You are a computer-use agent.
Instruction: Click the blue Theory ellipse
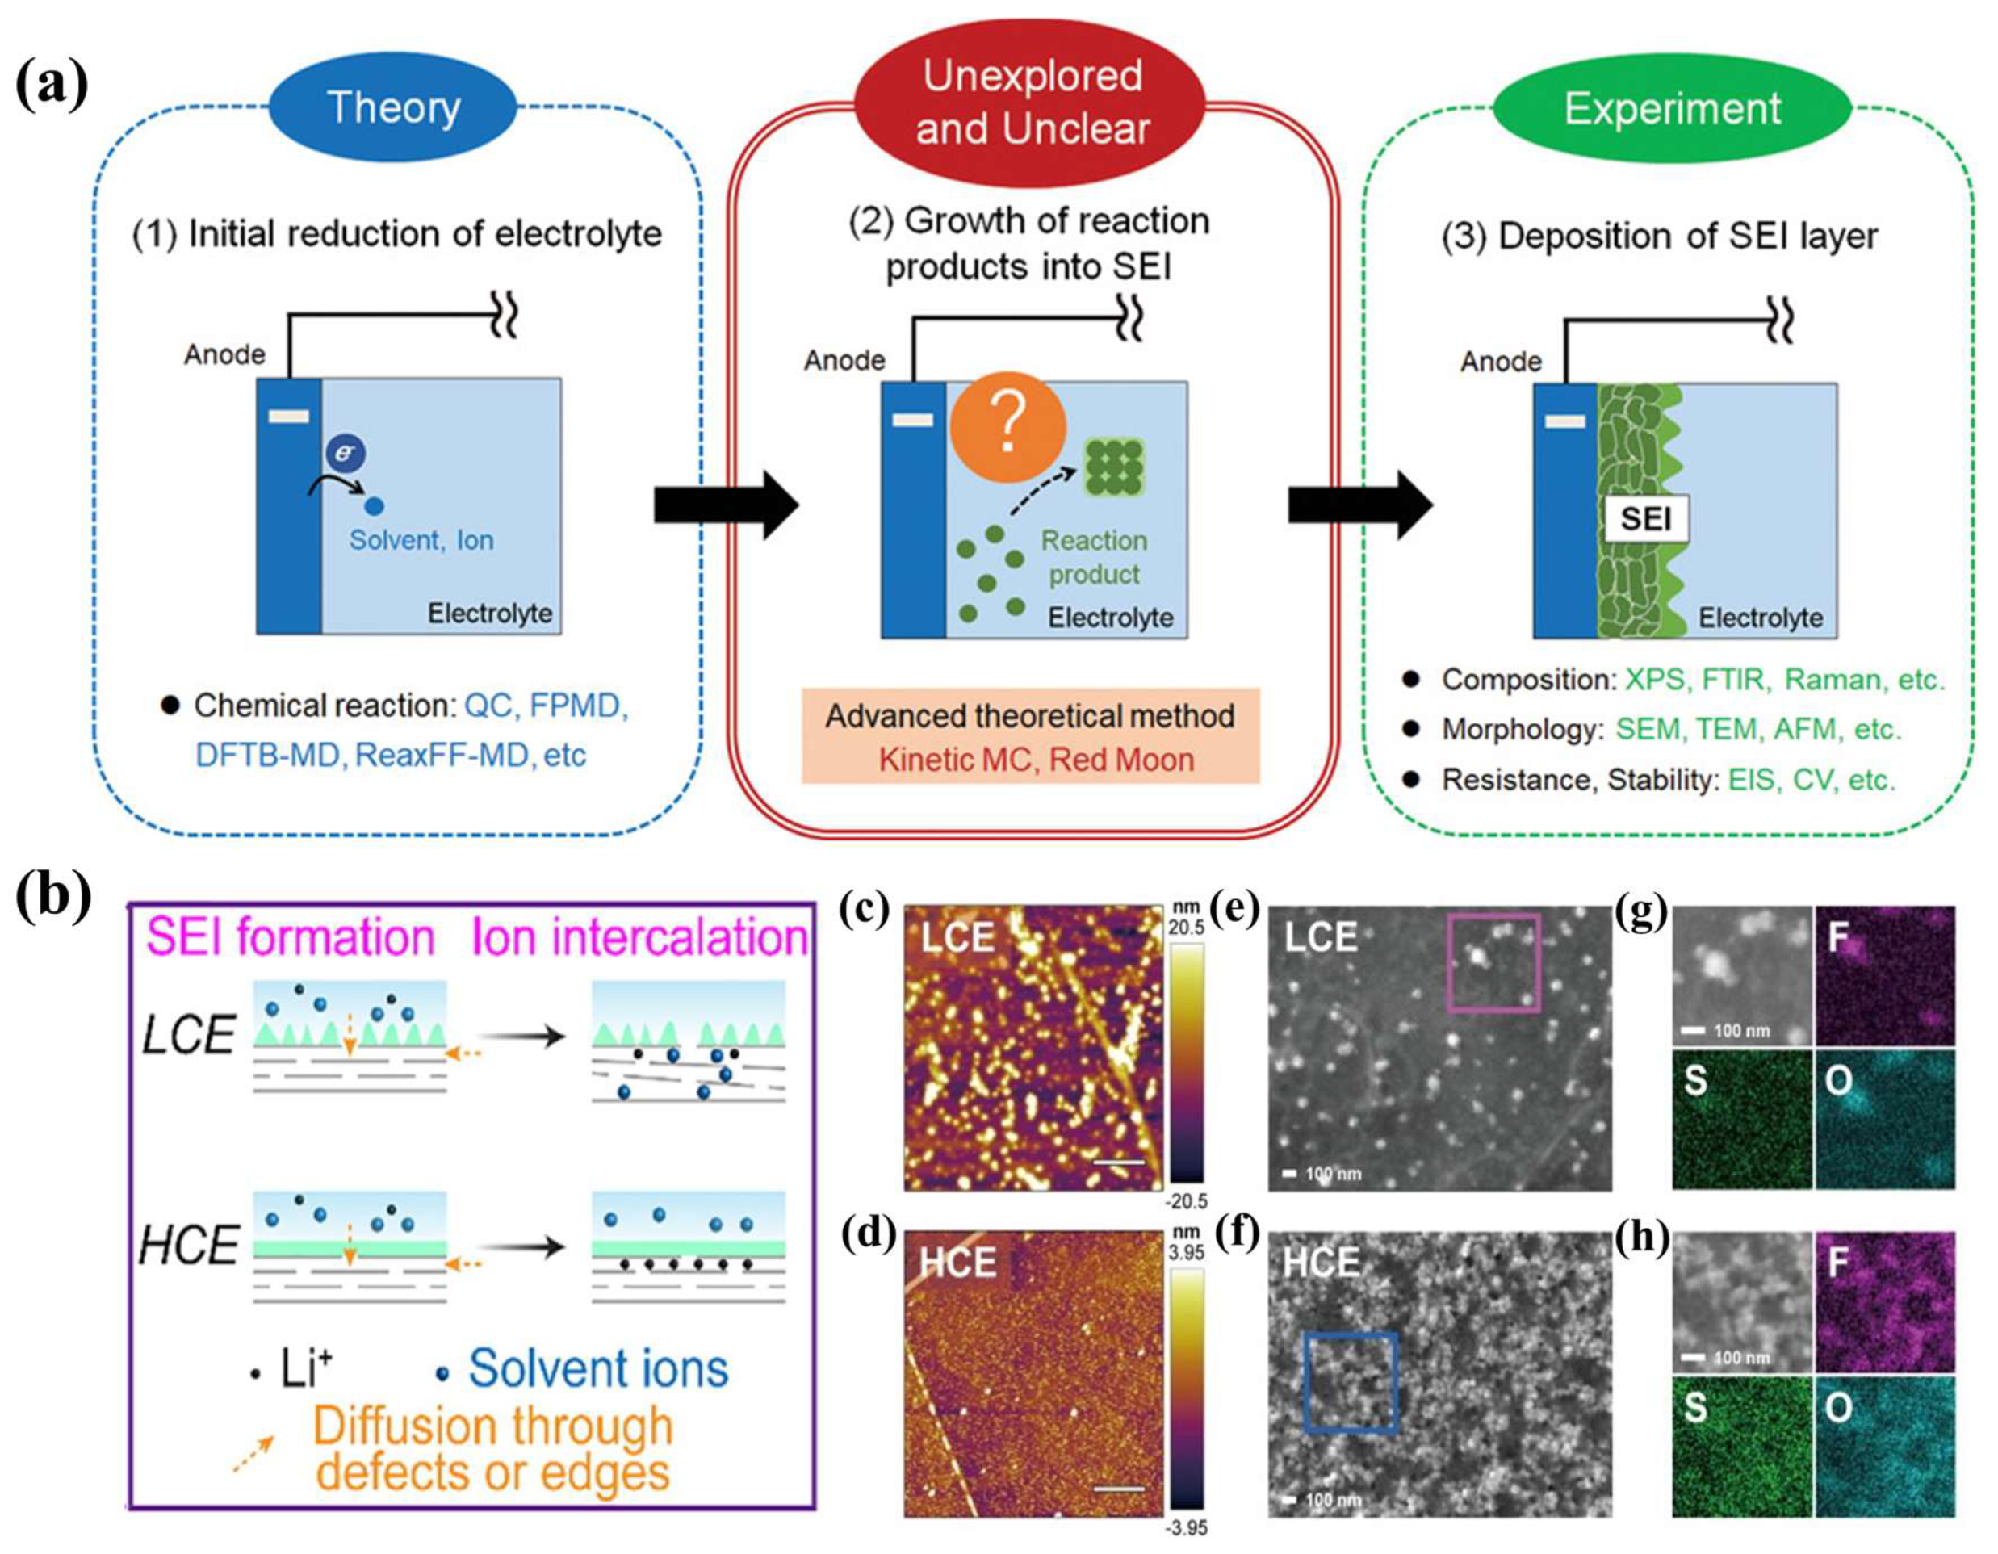[x=393, y=108]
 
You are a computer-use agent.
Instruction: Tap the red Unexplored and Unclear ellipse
[x=1031, y=101]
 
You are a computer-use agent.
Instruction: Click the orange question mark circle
[x=1007, y=426]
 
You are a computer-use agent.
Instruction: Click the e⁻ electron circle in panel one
[x=346, y=453]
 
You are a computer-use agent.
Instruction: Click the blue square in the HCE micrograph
[x=1351, y=1381]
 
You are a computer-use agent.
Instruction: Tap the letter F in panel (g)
[x=1839, y=936]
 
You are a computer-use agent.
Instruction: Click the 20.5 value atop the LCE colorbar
[x=1187, y=928]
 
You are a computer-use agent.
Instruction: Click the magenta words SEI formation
[x=290, y=937]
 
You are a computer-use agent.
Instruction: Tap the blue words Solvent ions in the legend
[x=598, y=1368]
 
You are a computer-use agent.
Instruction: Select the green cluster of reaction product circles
[x=1114, y=467]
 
